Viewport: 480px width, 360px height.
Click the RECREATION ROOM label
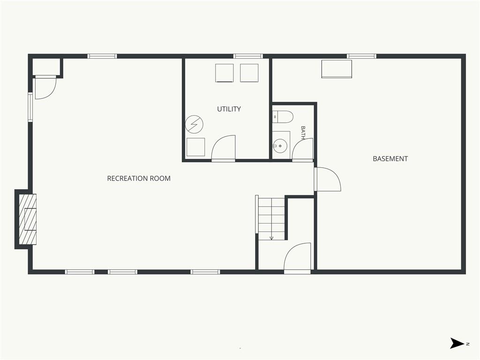point(139,179)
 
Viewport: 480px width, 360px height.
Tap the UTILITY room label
point(229,109)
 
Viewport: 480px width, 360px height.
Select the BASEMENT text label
point(390,158)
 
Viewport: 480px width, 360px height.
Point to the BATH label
point(303,133)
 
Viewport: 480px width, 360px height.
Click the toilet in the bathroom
point(283,117)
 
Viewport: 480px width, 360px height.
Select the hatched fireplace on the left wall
point(28,219)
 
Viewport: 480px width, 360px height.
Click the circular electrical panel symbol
point(195,124)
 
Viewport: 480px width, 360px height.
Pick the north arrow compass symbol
point(457,343)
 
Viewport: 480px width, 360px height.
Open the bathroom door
point(303,150)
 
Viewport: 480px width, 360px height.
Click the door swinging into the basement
point(328,179)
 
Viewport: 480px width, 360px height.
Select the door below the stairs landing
point(297,258)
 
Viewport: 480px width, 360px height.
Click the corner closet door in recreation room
point(45,87)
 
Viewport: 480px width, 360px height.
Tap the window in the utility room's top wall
point(248,56)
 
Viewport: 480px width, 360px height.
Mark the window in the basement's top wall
point(361,56)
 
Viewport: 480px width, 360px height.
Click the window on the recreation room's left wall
point(30,107)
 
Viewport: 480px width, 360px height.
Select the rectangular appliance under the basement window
point(337,69)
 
